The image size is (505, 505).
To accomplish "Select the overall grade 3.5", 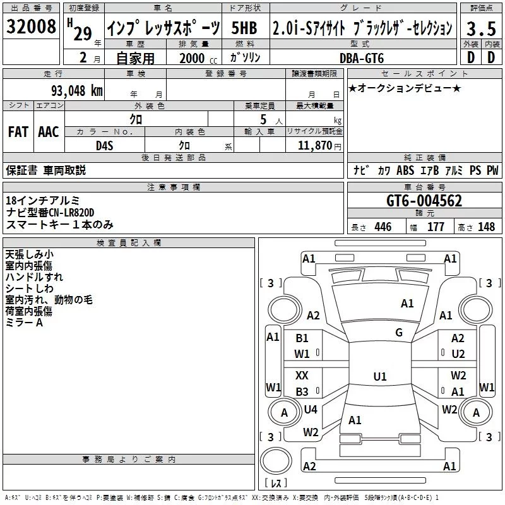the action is [479, 28].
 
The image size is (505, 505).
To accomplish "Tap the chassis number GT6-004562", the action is [424, 201].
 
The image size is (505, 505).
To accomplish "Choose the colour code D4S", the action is [104, 145].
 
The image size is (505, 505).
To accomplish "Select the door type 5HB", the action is [244, 28].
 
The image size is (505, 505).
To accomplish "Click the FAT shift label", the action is [18, 131].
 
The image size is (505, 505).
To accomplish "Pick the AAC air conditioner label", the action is [48, 131].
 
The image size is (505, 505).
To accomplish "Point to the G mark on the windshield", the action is [398, 333].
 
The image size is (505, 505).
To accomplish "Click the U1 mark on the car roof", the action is [379, 377].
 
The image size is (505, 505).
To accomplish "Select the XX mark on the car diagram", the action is [302, 375].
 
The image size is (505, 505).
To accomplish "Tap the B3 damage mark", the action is [302, 391].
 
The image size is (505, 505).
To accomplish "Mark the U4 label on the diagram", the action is [310, 410].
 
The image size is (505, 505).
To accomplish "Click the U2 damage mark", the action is [458, 354].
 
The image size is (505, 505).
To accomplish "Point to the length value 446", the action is [383, 227].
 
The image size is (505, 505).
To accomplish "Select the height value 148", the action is [486, 227].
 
